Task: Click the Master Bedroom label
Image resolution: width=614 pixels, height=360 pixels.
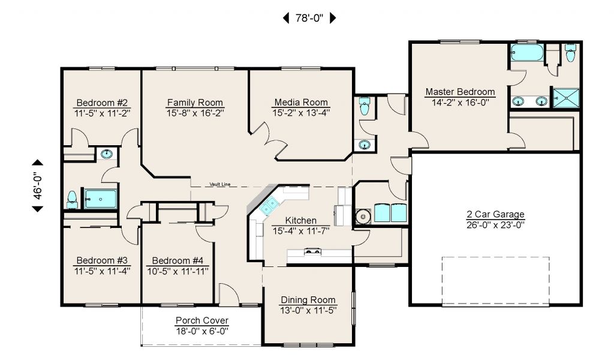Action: coord(460,92)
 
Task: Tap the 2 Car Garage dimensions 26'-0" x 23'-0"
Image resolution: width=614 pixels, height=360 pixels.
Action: coord(495,225)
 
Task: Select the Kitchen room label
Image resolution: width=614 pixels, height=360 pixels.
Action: coord(301,221)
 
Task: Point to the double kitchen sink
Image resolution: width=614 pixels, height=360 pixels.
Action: coord(269,206)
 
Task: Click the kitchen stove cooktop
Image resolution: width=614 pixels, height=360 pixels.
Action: coord(312,251)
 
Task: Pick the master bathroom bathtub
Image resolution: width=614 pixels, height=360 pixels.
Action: coord(527,53)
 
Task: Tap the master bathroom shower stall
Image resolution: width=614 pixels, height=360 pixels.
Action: coord(566,98)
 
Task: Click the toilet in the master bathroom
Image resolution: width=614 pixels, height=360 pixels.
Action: coord(571,53)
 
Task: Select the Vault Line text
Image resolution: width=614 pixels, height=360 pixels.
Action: coord(220,184)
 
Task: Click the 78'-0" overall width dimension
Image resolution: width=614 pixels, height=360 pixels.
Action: coord(309,18)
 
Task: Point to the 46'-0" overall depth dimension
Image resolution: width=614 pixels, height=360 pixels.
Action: coord(38,185)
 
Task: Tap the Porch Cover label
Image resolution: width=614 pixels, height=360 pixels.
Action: coord(202,320)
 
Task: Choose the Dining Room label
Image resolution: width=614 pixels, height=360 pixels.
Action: coord(308,300)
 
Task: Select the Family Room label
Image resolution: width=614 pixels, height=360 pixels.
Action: coord(195,103)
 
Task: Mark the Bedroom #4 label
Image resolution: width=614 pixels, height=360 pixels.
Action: coord(177,260)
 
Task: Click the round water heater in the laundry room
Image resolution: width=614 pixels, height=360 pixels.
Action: coord(363,216)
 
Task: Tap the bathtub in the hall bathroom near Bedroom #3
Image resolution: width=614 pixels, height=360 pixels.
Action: coord(101,199)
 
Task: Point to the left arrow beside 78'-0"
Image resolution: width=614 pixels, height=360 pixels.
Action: coord(286,18)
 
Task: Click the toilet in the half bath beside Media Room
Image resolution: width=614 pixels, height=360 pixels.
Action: coord(365,106)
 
